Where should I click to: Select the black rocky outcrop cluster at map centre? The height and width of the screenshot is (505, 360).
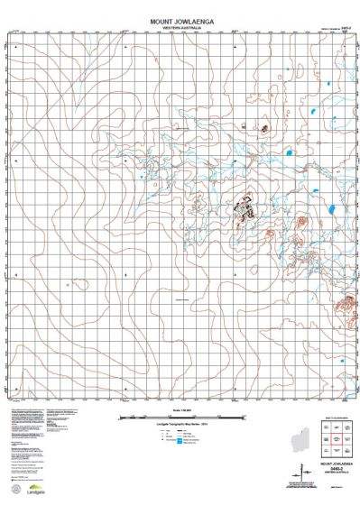click(x=244, y=209)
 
